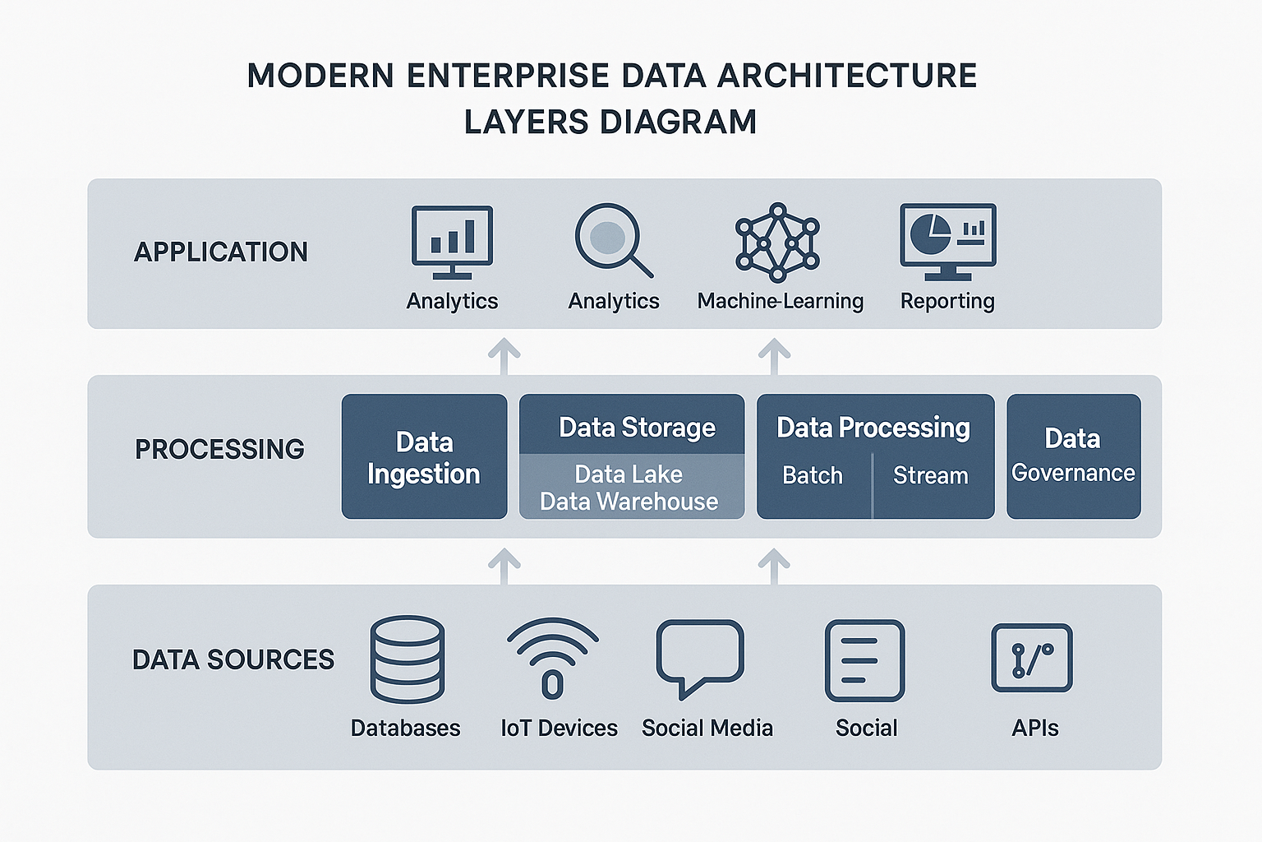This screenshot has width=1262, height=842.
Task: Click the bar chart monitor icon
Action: click(452, 242)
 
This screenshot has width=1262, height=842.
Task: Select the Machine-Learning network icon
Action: click(777, 241)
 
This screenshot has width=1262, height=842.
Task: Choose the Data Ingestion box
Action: click(424, 457)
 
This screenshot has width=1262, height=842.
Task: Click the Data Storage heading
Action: click(637, 428)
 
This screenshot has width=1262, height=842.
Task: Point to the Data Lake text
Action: click(629, 474)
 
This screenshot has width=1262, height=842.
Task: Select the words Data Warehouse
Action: click(629, 502)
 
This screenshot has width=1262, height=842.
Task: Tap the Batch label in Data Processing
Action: click(813, 475)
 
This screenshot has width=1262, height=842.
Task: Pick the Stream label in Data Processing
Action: click(931, 475)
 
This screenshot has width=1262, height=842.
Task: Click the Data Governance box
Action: click(1073, 456)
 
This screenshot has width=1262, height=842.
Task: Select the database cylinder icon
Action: click(408, 659)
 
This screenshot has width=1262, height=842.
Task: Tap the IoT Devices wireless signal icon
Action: click(553, 658)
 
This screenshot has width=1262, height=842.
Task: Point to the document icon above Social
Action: click(864, 660)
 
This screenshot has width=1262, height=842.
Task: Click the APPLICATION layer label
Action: click(221, 252)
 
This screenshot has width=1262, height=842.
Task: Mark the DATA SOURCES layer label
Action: click(233, 659)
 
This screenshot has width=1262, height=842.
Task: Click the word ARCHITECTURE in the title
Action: click(847, 76)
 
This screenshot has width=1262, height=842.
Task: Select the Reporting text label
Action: click(947, 301)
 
